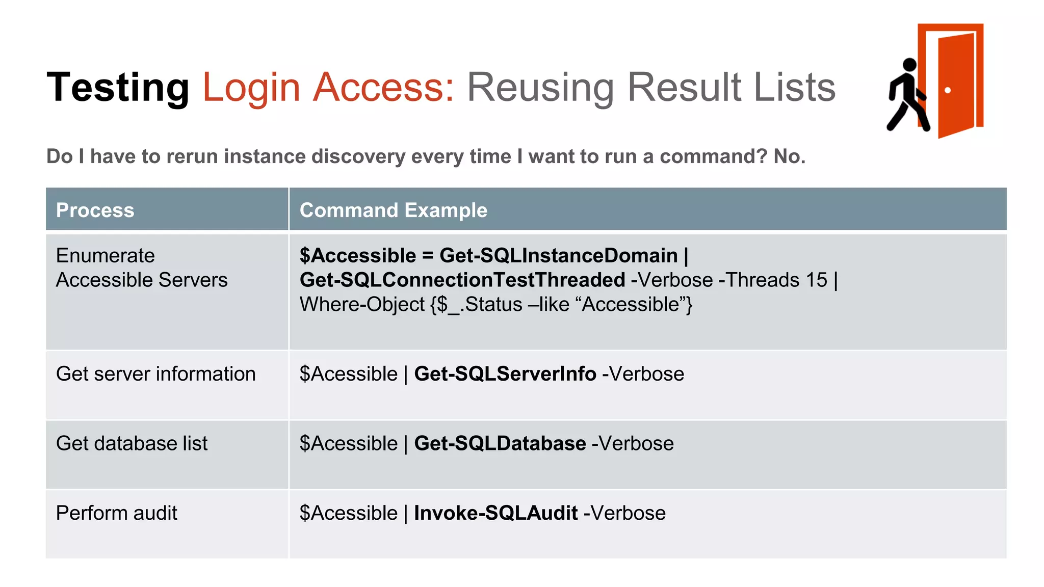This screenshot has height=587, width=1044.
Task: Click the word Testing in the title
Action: pyautogui.click(x=118, y=87)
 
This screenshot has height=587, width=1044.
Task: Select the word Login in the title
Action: pyautogui.click(x=251, y=87)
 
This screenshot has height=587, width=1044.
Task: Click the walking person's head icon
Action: pyautogui.click(x=909, y=65)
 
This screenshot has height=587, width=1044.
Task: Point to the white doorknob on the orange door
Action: pyautogui.click(x=948, y=90)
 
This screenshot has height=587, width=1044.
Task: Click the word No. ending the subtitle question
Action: pyautogui.click(x=789, y=156)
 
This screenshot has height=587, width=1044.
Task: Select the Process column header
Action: pyautogui.click(x=95, y=210)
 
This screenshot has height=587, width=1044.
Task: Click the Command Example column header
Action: pyautogui.click(x=393, y=210)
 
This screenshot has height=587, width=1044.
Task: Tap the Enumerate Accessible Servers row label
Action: pyautogui.click(x=141, y=268)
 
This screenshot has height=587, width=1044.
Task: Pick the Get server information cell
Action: pyautogui.click(x=155, y=374)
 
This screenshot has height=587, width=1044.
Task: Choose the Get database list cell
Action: pyautogui.click(x=132, y=443)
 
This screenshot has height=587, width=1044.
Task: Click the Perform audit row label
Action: pyautogui.click(x=116, y=513)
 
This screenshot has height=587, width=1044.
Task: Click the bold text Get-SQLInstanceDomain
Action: pyautogui.click(x=558, y=255)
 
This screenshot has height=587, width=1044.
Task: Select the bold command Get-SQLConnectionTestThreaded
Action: pyautogui.click(x=462, y=280)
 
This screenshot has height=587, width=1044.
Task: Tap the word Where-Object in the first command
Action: pyautogui.click(x=362, y=304)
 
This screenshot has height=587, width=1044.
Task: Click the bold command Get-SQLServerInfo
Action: pyautogui.click(x=505, y=374)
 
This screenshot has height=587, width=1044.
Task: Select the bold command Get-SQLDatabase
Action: pyautogui.click(x=500, y=443)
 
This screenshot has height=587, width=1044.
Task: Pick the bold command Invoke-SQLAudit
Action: pyautogui.click(x=495, y=513)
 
